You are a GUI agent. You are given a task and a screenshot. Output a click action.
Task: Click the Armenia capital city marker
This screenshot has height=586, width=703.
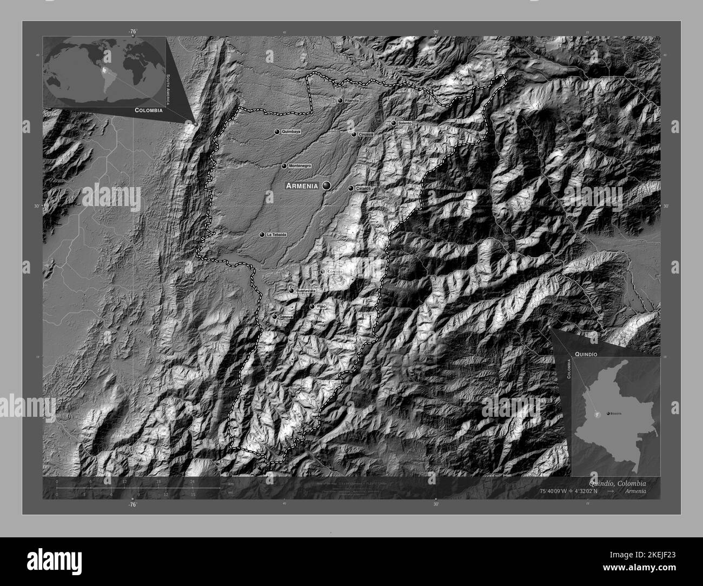tap(326, 185)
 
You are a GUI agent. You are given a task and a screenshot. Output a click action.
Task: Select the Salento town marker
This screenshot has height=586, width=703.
tap(394, 123)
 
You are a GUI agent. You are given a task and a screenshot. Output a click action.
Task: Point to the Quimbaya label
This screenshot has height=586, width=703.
tap(291, 131)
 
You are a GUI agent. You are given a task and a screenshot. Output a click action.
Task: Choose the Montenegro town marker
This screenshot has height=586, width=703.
tap(284, 166)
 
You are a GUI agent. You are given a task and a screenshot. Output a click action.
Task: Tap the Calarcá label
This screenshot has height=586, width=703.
tap(363, 188)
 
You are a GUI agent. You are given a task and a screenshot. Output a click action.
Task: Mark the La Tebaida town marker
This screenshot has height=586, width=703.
tap(262, 235)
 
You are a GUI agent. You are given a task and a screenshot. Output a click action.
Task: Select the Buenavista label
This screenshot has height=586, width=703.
tap(306, 291)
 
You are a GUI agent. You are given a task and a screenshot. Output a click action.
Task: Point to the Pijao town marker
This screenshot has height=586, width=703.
tap(311, 307)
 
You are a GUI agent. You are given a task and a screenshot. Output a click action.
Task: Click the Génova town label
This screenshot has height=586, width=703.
tap(286, 317)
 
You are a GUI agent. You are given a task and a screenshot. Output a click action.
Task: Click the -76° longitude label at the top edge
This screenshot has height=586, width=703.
tap(132, 31)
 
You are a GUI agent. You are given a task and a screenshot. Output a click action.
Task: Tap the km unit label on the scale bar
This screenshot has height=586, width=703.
tap(231, 483)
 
